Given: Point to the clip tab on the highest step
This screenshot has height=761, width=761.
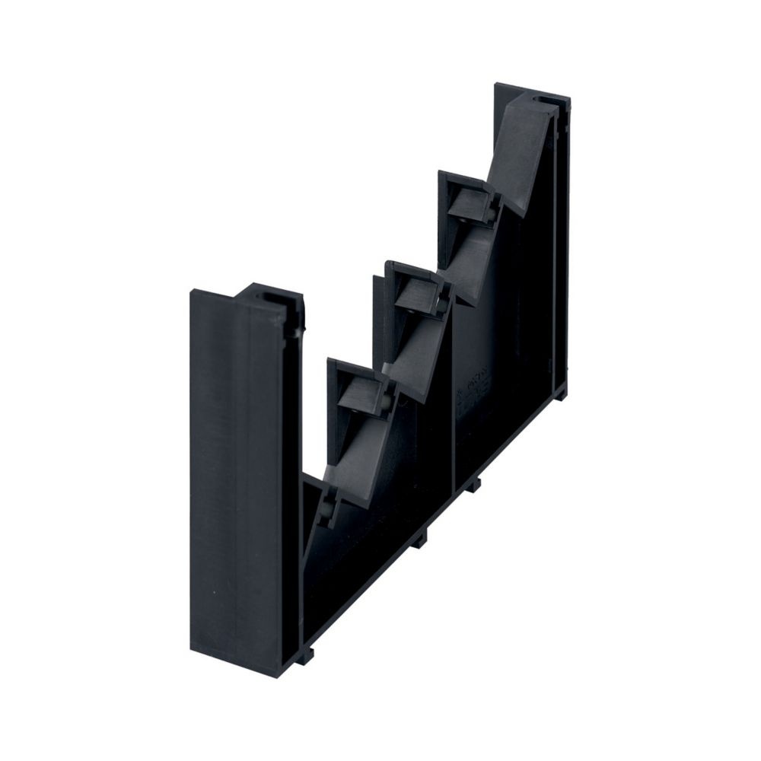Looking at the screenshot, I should pos(469,203).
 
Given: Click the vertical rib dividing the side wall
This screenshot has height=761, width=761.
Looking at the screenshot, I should pos(454,396).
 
